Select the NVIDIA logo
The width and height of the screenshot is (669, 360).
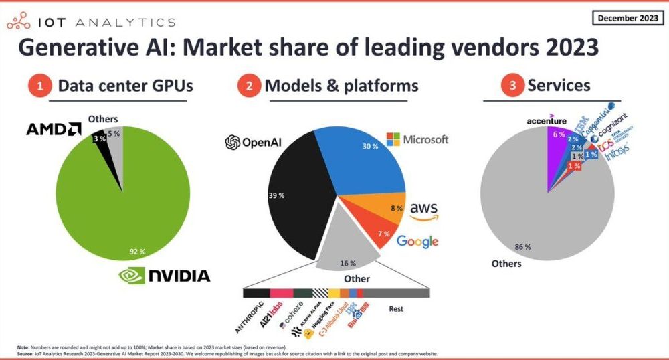tap(164, 275)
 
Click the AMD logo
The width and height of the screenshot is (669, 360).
tap(54, 129)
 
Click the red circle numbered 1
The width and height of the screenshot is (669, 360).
tap(40, 86)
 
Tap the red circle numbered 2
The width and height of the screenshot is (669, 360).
tap(248, 86)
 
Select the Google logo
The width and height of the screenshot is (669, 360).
tap(417, 242)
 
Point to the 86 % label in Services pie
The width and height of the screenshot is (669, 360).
tap(521, 247)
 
